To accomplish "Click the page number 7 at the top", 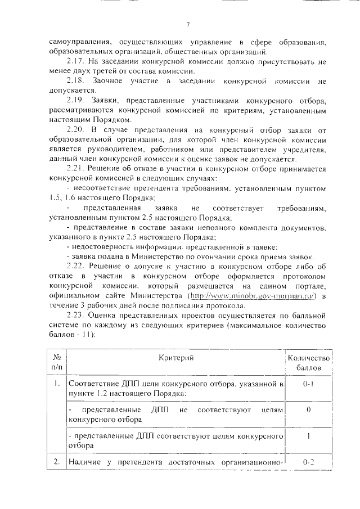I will (188, 24).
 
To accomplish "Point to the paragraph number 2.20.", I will (75, 130).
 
